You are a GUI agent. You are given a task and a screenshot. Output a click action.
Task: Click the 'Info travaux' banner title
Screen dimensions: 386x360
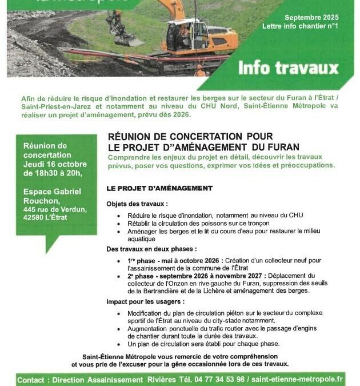tap(288, 69)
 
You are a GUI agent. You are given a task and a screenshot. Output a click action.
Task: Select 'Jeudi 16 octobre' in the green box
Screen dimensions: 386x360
tap(55, 164)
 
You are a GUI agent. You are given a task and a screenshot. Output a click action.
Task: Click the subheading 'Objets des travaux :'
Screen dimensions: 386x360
tap(137, 204)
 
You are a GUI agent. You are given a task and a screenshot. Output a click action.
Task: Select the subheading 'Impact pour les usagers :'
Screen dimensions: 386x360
tap(145, 301)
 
